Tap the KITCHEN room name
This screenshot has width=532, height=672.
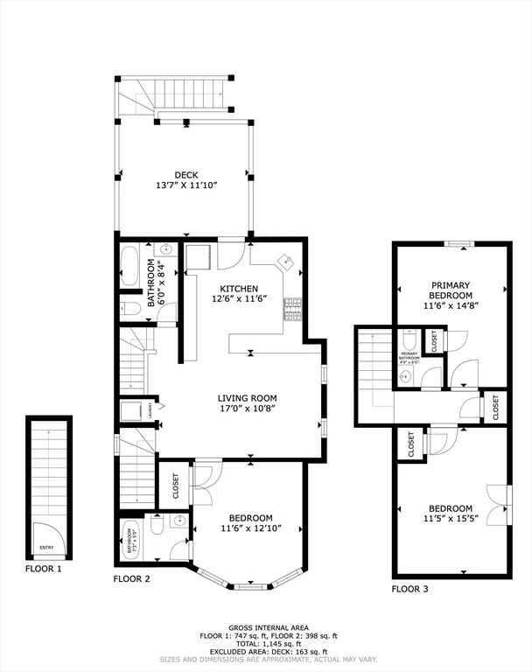[x=238, y=289]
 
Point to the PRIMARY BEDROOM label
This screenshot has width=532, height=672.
[x=450, y=290]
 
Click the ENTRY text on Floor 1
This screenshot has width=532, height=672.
[x=45, y=548]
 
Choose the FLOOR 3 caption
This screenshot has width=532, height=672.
[x=409, y=589]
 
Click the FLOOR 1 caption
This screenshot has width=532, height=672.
[x=44, y=568]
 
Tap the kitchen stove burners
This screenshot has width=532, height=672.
[x=291, y=307]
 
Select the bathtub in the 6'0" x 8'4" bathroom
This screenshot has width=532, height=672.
[x=130, y=267]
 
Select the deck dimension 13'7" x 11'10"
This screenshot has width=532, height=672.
[x=185, y=185]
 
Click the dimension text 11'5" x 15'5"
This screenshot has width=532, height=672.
[x=450, y=520]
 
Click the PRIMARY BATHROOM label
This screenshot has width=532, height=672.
[x=409, y=356]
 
